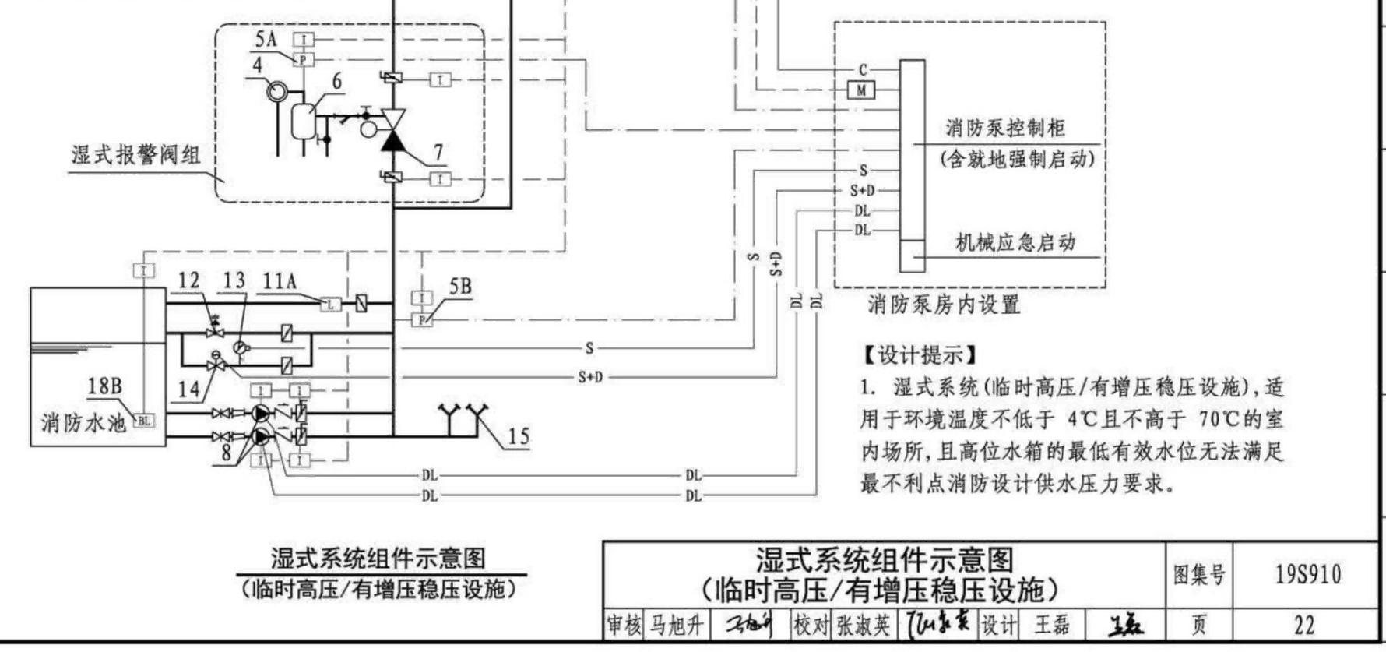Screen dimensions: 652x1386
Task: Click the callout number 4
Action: pos(258,66)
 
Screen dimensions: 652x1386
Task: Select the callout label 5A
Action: pos(266,39)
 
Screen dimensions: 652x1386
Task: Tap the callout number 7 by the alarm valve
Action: pos(438,152)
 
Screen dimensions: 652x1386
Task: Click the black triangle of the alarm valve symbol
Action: pos(392,141)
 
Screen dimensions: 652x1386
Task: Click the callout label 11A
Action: pos(280,281)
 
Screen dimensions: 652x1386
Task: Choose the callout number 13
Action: pos(234,280)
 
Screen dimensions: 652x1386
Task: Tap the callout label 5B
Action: pos(460,287)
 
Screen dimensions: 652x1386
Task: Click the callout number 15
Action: pos(519,436)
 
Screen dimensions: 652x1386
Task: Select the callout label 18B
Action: pos(104,386)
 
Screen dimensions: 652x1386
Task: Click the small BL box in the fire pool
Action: pos(144,421)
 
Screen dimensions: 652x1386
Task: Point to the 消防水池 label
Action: pos(83,424)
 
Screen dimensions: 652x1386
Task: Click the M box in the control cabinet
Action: pos(861,90)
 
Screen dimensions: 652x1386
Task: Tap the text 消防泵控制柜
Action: pos(1004,128)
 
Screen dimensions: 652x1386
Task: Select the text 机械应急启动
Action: pos(1015,242)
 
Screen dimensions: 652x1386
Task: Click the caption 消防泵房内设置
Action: pos(944,305)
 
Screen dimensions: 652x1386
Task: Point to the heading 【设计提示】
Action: pos(920,355)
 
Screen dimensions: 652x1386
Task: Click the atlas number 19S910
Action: pos(1307,575)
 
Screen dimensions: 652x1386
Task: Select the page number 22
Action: pos(1304,625)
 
